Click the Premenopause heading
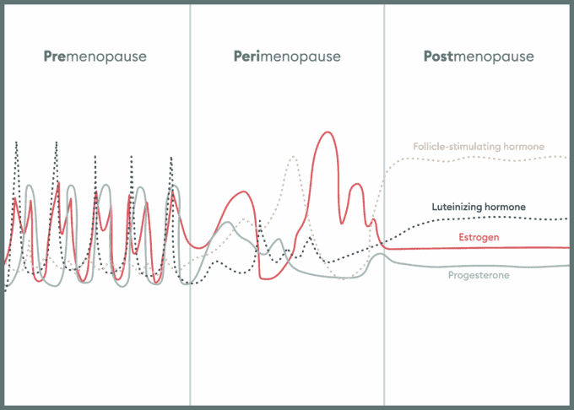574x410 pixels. point(95,57)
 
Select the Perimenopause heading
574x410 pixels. point(287,57)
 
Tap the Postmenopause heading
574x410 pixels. point(479,57)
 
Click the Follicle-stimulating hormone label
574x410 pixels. point(479,147)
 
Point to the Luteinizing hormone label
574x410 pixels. point(479,207)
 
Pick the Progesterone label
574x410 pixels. point(479,275)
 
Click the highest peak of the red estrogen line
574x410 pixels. point(328,132)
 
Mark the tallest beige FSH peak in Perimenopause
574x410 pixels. point(294,157)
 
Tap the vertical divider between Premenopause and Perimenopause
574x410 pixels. point(190,205)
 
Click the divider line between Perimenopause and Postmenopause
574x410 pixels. point(384,205)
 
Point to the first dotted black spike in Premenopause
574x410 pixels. point(17,143)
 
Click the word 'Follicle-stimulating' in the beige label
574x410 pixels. point(457,147)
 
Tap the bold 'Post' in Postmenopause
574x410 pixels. point(438,57)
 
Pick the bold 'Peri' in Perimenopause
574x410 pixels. point(246,57)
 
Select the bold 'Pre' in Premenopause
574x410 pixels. point(55,57)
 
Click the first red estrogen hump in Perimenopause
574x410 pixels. point(243,192)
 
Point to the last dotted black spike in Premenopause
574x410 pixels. point(171,158)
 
